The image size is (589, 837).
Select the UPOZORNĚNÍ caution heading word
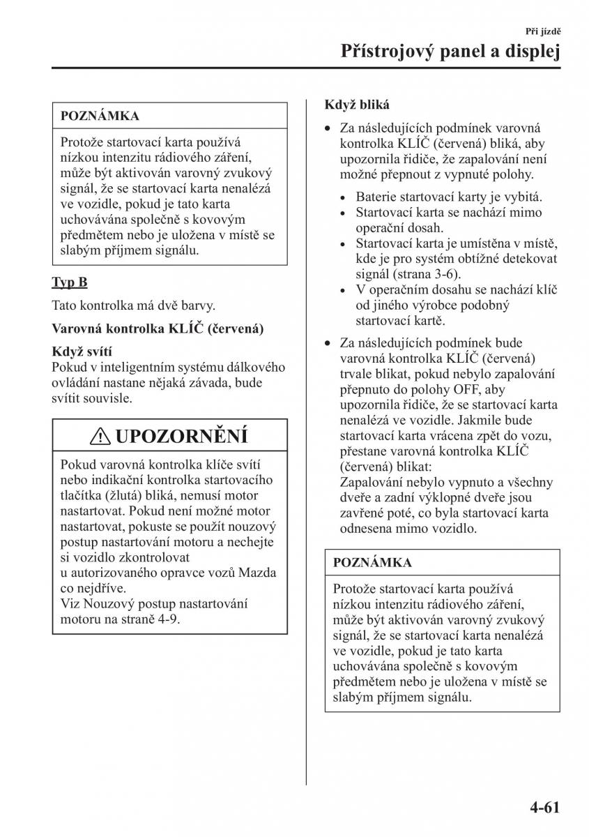[x=181, y=437]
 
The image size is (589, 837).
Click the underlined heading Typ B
[x=70, y=282]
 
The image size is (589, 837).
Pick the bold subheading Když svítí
[x=82, y=352]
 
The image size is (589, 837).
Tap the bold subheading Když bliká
[x=357, y=105]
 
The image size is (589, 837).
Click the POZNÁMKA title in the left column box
[x=100, y=116]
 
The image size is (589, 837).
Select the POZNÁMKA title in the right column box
[x=372, y=562]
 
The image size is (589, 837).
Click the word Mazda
[x=258, y=573]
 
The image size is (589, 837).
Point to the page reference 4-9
[x=167, y=619]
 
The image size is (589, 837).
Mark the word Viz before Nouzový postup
[x=70, y=603]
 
